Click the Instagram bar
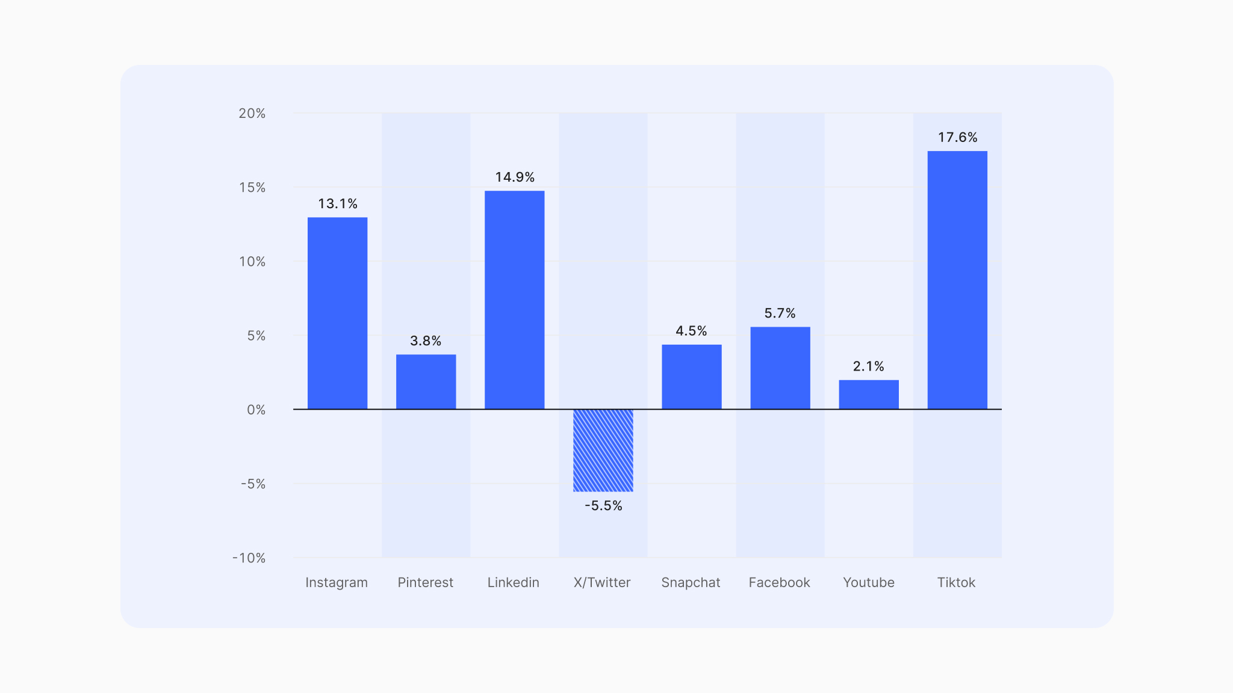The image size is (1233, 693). click(x=337, y=313)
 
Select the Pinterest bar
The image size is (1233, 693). click(x=426, y=381)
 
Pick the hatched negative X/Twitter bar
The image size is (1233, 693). click(x=603, y=450)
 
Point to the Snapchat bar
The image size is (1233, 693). click(x=691, y=377)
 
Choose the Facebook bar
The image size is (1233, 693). click(x=780, y=368)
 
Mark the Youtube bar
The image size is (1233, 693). click(x=868, y=394)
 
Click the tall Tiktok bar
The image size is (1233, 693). click(x=957, y=280)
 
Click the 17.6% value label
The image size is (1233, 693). click(x=957, y=138)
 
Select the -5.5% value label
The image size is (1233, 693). click(x=603, y=506)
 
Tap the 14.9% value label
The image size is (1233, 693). click(x=515, y=177)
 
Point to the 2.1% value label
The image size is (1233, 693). click(x=868, y=366)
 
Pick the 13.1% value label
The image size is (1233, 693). click(x=338, y=204)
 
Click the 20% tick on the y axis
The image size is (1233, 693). click(x=252, y=114)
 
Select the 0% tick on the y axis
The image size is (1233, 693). click(x=256, y=410)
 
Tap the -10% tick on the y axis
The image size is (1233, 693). click(x=249, y=558)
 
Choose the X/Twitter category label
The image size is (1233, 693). click(x=602, y=582)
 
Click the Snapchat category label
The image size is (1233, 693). click(x=691, y=582)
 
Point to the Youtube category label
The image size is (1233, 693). click(x=868, y=582)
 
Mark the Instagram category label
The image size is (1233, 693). click(x=337, y=582)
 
